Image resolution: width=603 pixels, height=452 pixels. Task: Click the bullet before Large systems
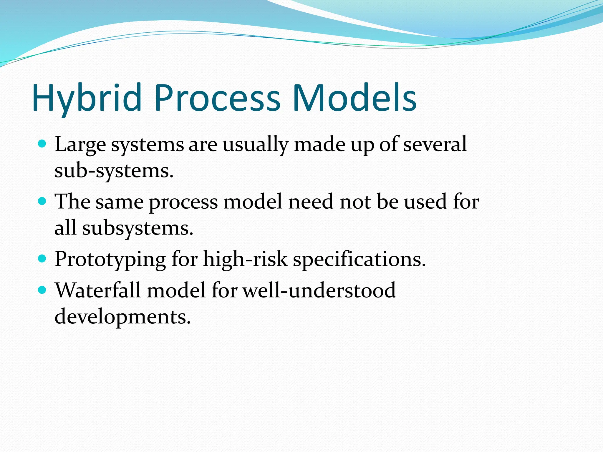(43, 144)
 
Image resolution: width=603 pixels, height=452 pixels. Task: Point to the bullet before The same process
(43, 201)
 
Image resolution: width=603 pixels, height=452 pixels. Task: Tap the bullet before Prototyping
(43, 259)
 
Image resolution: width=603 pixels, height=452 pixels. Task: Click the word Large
(80, 145)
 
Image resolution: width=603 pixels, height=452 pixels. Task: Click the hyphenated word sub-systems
(114, 171)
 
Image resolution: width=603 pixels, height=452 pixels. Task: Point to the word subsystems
(137, 228)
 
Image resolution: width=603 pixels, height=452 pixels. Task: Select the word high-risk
(245, 259)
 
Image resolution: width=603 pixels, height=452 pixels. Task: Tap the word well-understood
(319, 290)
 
